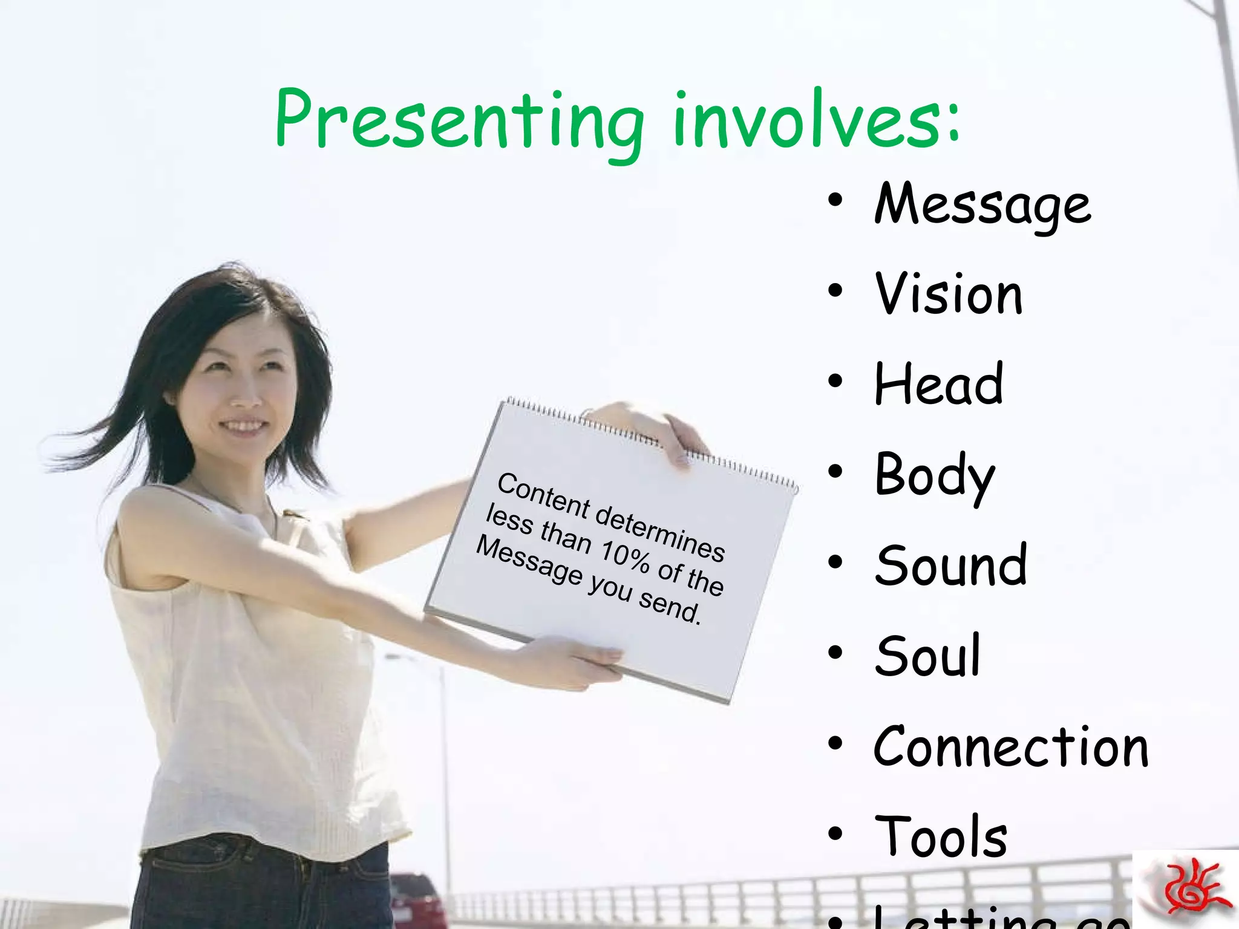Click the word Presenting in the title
[460, 121]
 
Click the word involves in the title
[808, 121]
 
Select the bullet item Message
[982, 204]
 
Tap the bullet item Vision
[949, 295]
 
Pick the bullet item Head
[939, 384]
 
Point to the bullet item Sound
[951, 566]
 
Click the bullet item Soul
[927, 656]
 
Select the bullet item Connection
[1010, 747]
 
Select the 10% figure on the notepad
[625, 556]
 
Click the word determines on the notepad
[659, 532]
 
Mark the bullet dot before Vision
[835, 291]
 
